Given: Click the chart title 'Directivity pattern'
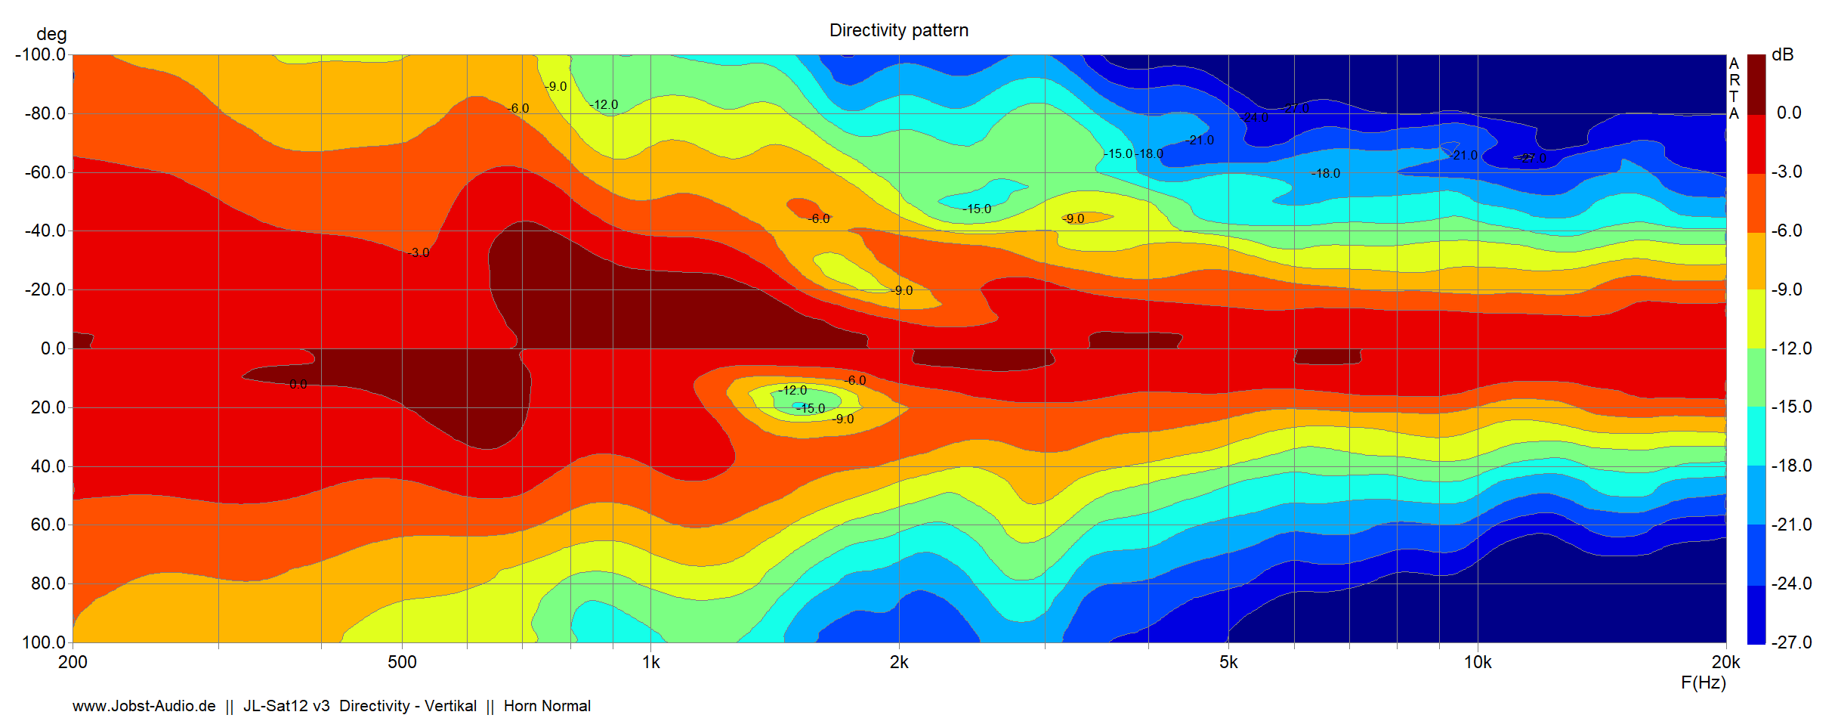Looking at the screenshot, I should (898, 30).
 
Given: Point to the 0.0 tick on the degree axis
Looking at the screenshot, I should (53, 348).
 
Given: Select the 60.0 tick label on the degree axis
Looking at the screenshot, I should (48, 525).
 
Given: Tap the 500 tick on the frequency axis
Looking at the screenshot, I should (402, 662).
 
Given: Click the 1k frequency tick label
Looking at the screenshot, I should (650, 662).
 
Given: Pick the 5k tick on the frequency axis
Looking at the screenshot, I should (1228, 662).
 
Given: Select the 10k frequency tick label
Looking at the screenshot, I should (1478, 662).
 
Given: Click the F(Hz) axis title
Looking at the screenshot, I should (1703, 682).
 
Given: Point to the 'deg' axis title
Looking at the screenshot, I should (51, 34).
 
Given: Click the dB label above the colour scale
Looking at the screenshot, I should (1783, 54).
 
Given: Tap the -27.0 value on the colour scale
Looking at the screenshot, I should (1791, 642).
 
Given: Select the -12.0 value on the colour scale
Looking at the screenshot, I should (1791, 348).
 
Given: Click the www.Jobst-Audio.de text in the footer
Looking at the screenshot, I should (144, 706).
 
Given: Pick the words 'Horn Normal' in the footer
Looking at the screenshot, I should (547, 706).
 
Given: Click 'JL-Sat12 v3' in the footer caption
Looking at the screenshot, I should (286, 706).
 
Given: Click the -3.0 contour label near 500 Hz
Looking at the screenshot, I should (419, 252).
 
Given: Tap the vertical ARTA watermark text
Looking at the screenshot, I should (1734, 88).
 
